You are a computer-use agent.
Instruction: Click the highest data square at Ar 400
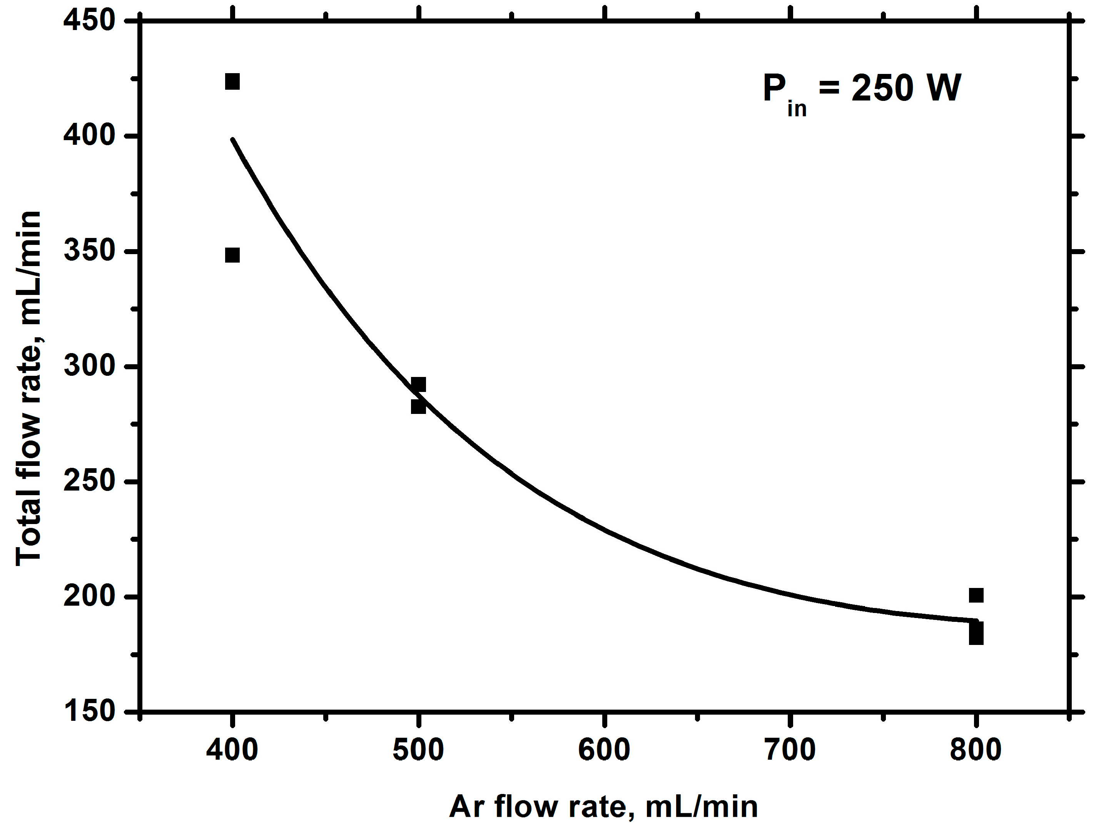point(232,81)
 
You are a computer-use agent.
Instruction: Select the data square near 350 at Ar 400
point(232,255)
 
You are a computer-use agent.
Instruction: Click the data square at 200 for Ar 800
point(976,595)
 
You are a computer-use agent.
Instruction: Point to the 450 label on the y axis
point(90,21)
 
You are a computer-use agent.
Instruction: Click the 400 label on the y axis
point(90,136)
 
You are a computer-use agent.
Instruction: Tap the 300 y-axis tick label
point(90,366)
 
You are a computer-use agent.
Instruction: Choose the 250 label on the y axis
point(90,481)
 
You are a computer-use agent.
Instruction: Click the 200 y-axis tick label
point(90,596)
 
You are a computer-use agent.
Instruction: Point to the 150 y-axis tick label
point(90,711)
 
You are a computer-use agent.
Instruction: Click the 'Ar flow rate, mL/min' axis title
point(603,807)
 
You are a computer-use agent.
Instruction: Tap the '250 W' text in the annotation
point(906,88)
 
